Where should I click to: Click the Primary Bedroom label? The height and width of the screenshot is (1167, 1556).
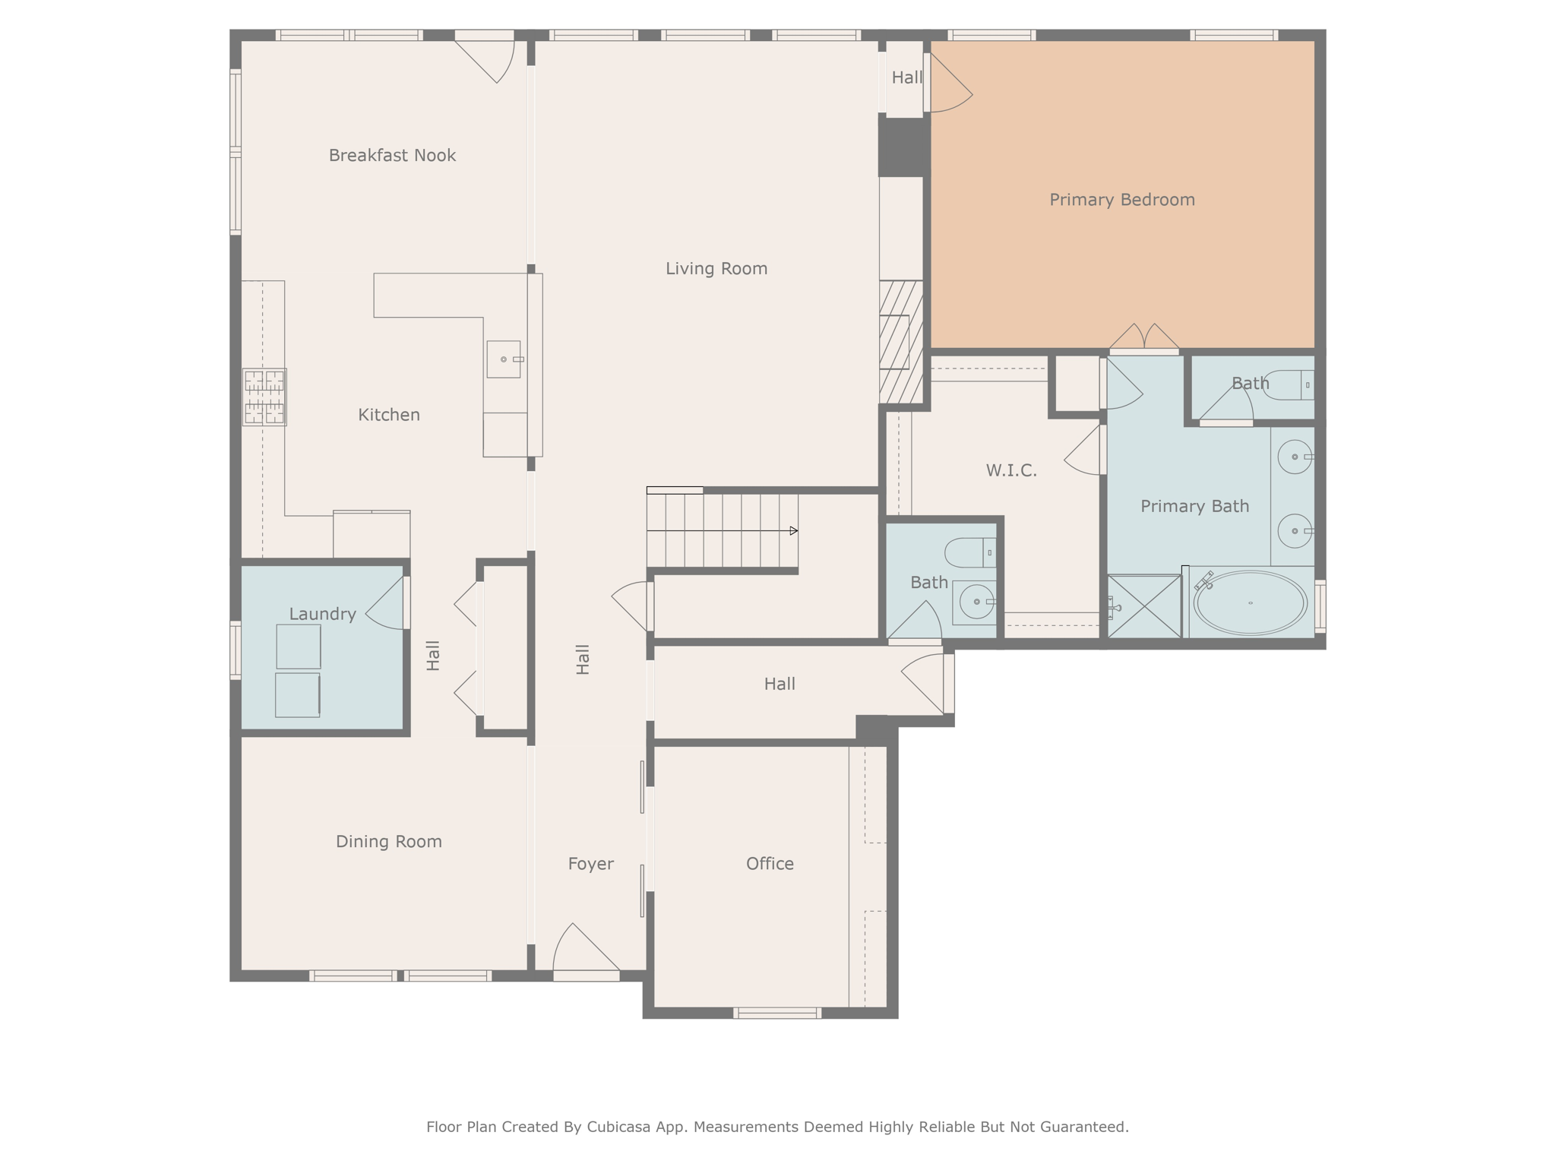pyautogui.click(x=1121, y=200)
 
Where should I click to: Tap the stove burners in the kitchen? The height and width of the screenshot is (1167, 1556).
pyautogui.click(x=264, y=397)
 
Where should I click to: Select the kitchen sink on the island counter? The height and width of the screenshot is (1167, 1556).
pyautogui.click(x=504, y=359)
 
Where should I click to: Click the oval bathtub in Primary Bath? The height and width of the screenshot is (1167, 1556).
pyautogui.click(x=1250, y=602)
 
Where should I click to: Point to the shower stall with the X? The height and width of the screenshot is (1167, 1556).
pyautogui.click(x=1144, y=606)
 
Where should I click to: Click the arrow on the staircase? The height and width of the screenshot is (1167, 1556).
pyautogui.click(x=792, y=530)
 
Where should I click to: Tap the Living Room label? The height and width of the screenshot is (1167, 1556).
pyautogui.click(x=716, y=268)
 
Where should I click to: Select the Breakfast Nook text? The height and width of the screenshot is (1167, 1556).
pyautogui.click(x=392, y=156)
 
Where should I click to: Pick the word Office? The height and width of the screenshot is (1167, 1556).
pyautogui.click(x=770, y=864)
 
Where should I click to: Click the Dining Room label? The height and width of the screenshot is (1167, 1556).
pyautogui.click(x=388, y=842)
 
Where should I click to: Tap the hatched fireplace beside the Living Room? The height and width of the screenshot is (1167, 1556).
pyautogui.click(x=901, y=342)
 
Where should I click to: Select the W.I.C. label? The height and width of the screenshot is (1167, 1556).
pyautogui.click(x=1011, y=470)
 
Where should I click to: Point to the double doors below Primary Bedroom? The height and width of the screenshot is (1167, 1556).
pyautogui.click(x=1144, y=338)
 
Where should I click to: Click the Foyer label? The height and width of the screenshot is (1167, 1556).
pyautogui.click(x=590, y=864)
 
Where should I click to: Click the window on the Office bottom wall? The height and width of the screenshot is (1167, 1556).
pyautogui.click(x=777, y=1013)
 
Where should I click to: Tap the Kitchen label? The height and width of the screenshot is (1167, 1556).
pyautogui.click(x=388, y=415)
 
